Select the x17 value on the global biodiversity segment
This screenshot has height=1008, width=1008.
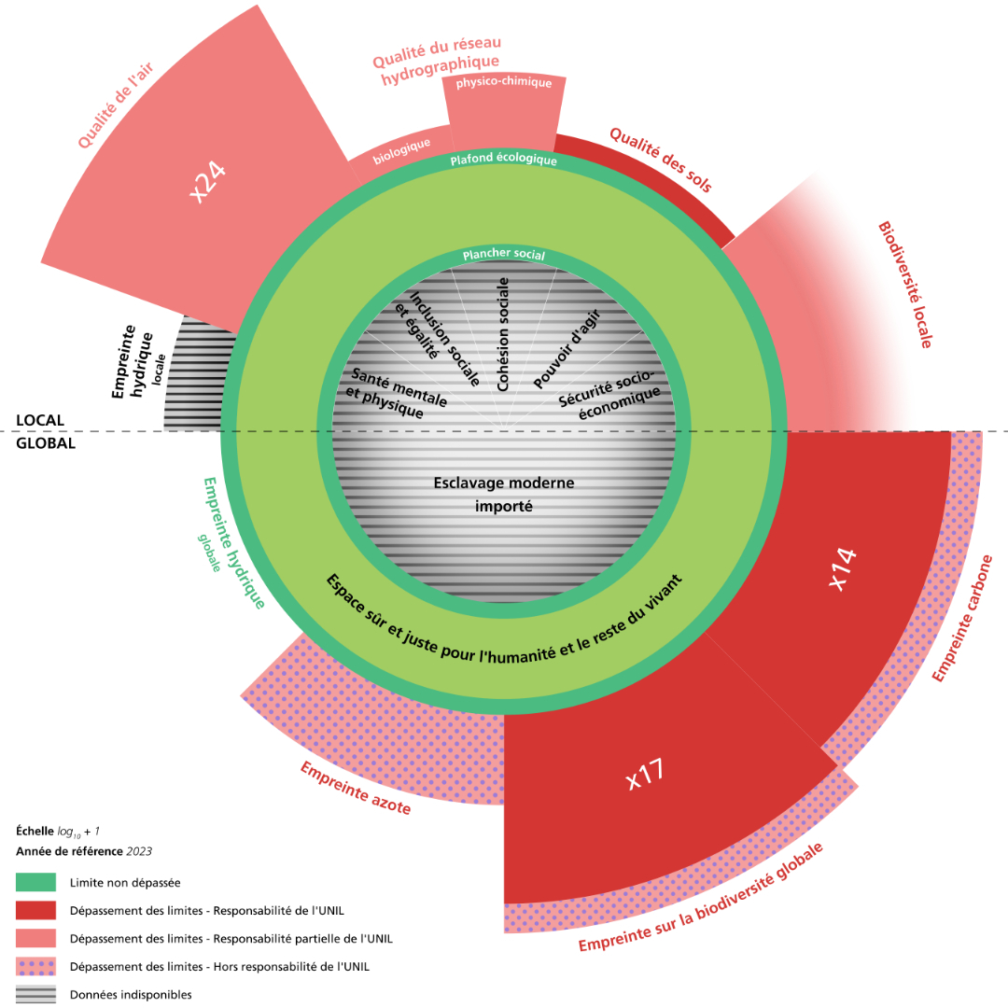(x=645, y=775)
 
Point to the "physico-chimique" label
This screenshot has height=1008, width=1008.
(x=504, y=83)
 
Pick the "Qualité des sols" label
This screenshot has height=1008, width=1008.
(x=661, y=160)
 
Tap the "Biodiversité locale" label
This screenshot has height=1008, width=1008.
(x=904, y=285)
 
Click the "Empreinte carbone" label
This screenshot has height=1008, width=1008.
(x=969, y=618)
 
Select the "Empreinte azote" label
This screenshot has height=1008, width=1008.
(x=355, y=788)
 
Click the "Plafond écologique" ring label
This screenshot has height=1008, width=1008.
(x=503, y=160)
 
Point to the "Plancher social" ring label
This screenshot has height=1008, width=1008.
(x=504, y=255)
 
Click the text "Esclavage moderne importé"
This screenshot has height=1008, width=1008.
(x=504, y=495)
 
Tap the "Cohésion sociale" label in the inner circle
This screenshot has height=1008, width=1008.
(x=504, y=333)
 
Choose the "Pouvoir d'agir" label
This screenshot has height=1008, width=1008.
(x=567, y=347)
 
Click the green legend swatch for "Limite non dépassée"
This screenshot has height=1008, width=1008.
(x=35, y=882)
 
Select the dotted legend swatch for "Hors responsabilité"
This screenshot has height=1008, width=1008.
(x=35, y=966)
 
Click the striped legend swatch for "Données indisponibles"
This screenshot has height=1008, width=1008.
(x=35, y=994)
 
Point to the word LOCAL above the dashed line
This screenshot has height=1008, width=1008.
(x=39, y=421)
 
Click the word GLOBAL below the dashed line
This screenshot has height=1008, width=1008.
(x=46, y=443)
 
